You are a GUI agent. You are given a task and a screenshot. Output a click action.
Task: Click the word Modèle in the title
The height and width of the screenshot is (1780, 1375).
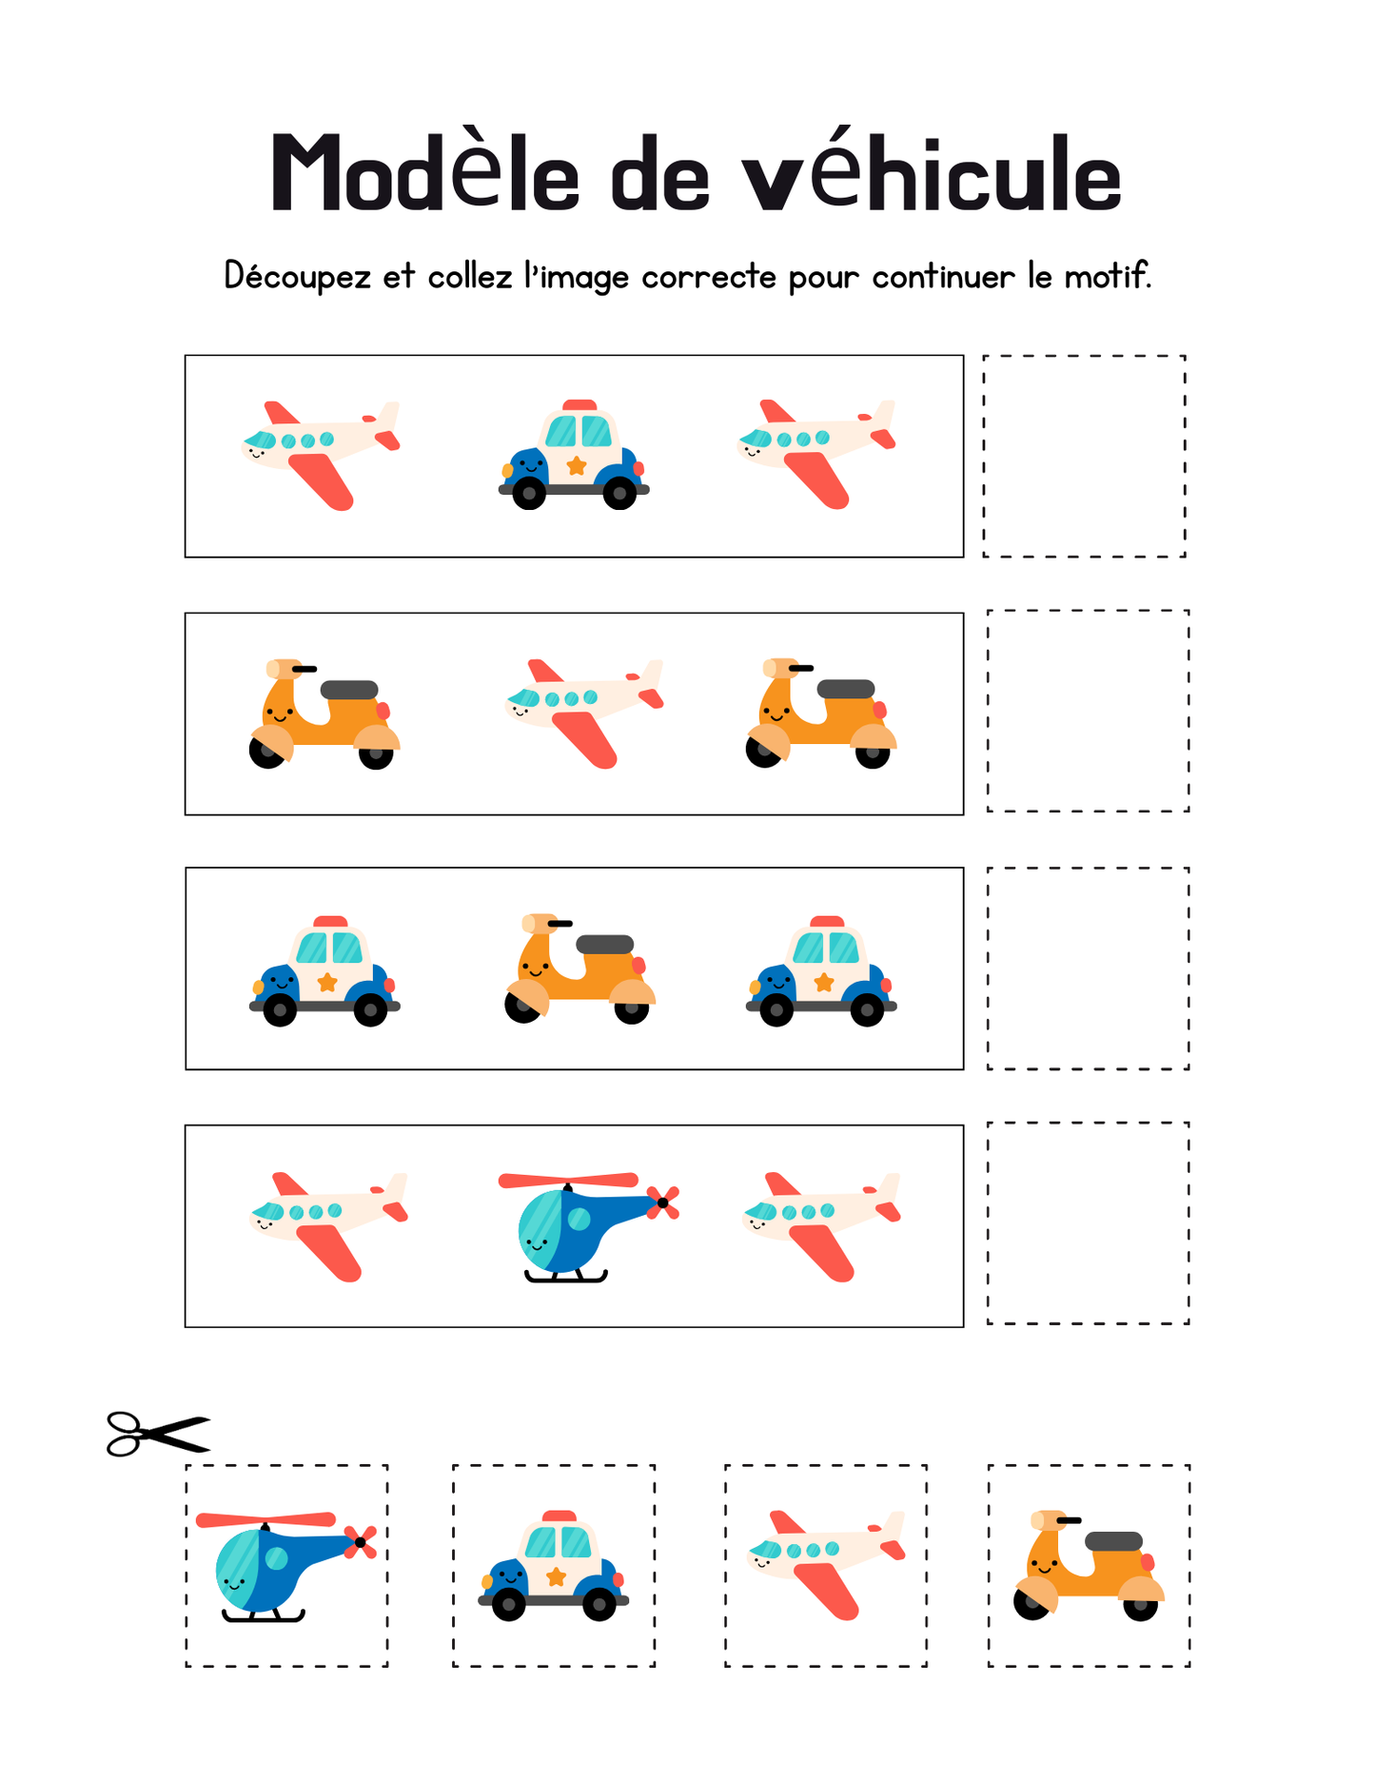click(424, 174)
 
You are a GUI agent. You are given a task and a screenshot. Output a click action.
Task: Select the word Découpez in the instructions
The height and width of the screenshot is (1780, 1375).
click(297, 277)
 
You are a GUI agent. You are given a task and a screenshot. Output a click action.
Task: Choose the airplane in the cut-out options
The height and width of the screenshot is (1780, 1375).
click(826, 1563)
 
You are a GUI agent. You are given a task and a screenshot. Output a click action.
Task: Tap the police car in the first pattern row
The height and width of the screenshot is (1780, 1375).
click(574, 455)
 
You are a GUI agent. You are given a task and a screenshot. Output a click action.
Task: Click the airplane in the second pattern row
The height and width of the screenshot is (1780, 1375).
click(583, 712)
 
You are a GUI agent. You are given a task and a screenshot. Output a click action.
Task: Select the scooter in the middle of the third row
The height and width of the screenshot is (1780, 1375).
click(579, 968)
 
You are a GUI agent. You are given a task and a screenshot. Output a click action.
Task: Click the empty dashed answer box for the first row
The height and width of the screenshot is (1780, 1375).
click(1084, 456)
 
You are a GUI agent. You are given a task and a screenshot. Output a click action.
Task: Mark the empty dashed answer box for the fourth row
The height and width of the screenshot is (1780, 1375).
click(1088, 1223)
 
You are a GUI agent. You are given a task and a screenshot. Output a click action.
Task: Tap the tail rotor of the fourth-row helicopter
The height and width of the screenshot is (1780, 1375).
click(662, 1203)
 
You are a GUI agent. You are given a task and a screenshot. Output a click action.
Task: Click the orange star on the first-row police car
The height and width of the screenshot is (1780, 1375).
click(576, 465)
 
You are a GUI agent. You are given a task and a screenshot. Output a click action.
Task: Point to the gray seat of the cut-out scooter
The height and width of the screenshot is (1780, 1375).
click(1113, 1540)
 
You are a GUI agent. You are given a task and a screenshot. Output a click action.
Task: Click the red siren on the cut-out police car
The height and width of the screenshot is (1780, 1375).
click(560, 1516)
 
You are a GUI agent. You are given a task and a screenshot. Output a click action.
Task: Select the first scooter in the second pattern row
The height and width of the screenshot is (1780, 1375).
click(324, 714)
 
